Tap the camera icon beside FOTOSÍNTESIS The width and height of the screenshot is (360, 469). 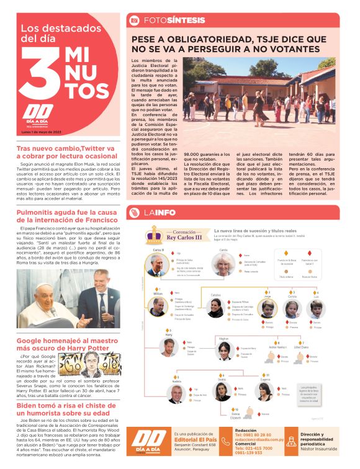[133, 20]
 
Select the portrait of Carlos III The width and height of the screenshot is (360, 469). [156, 264]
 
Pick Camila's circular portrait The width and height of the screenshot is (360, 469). [223, 264]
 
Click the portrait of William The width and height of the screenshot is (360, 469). [158, 305]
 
